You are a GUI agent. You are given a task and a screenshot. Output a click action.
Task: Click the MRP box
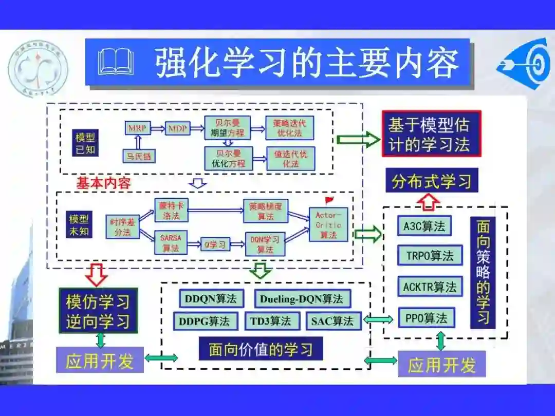click(137, 127)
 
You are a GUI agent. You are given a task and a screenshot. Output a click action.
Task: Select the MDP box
click(177, 127)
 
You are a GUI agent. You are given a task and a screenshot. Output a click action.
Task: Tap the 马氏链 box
click(138, 156)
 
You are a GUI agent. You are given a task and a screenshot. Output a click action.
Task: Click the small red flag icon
click(329, 200)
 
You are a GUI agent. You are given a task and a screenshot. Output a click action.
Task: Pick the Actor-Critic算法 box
click(327, 224)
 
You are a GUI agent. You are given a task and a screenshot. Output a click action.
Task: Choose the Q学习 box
click(214, 244)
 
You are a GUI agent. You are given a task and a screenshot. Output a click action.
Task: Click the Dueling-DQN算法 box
click(302, 298)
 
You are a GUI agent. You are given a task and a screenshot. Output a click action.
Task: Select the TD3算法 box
click(270, 322)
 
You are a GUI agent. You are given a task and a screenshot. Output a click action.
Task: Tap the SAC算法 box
click(332, 322)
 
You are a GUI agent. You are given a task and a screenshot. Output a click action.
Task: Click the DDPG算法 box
click(205, 322)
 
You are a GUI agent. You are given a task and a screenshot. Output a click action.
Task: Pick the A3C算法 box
click(424, 226)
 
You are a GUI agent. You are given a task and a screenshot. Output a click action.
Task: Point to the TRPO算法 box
click(430, 255)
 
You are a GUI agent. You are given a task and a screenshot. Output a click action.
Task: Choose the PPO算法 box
click(426, 317)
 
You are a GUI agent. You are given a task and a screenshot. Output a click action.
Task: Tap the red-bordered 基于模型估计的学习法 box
click(431, 134)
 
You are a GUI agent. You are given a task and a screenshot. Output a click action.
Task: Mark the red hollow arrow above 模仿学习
click(96, 275)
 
